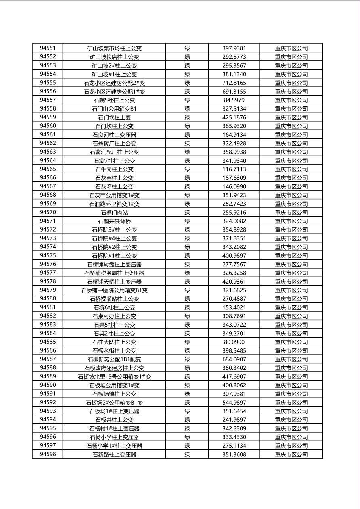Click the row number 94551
tap(48, 48)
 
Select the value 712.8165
tap(234, 83)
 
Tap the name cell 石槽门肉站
tap(114, 212)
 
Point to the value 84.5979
tap(234, 100)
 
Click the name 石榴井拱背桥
tap(114, 221)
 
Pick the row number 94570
tap(48, 212)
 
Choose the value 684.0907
tap(234, 359)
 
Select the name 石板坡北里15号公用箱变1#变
tap(114, 376)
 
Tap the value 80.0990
tap(234, 342)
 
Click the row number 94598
tap(48, 454)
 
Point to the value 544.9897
tap(234, 403)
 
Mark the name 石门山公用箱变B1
tap(114, 108)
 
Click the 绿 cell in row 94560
tap(187, 126)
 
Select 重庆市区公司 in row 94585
tap(291, 342)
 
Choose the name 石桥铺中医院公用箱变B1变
tap(114, 290)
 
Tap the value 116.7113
tap(234, 169)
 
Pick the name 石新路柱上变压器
tap(114, 454)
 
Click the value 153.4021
tap(234, 307)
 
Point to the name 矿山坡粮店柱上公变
tap(114, 57)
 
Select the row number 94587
tap(48, 359)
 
